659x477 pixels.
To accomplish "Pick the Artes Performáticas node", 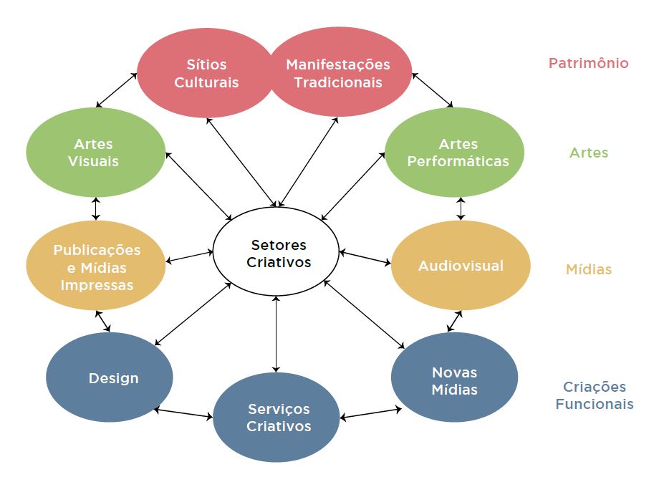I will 458,153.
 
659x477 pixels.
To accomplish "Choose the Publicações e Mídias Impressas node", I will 97,266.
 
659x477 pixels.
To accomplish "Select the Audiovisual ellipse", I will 461,266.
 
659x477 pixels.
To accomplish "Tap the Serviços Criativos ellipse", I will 279,418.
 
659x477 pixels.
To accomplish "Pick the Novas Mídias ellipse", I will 454,381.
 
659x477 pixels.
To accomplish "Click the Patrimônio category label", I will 588,63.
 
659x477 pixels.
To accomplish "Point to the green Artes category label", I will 588,153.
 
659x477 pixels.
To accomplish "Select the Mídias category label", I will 588,270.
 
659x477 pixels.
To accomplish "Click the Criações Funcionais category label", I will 594,395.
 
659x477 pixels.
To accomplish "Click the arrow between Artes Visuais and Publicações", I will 96,208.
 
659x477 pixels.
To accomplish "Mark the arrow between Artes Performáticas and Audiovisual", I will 461,208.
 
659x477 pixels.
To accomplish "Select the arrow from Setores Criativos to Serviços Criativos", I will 276,333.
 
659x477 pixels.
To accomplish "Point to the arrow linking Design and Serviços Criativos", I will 184,413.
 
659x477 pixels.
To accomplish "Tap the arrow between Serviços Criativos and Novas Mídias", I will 371,413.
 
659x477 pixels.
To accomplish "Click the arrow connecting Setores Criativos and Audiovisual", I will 365,258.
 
